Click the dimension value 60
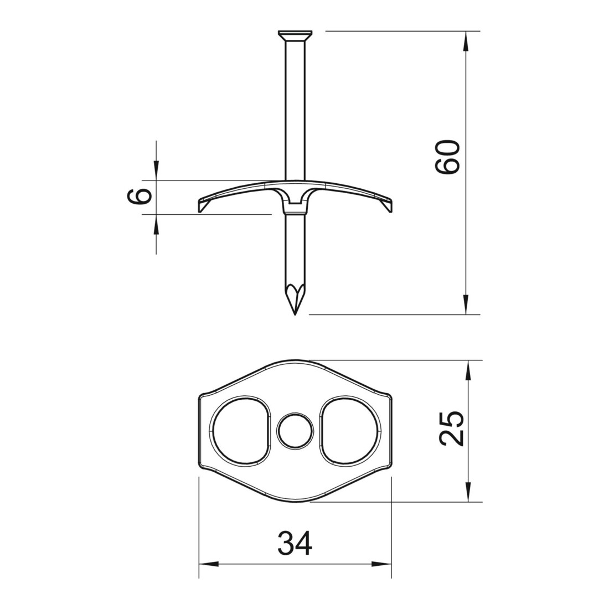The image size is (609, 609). point(447,157)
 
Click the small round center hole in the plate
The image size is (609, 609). point(295,431)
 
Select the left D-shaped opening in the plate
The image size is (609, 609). point(240,431)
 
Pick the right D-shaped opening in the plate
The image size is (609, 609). point(350,431)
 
